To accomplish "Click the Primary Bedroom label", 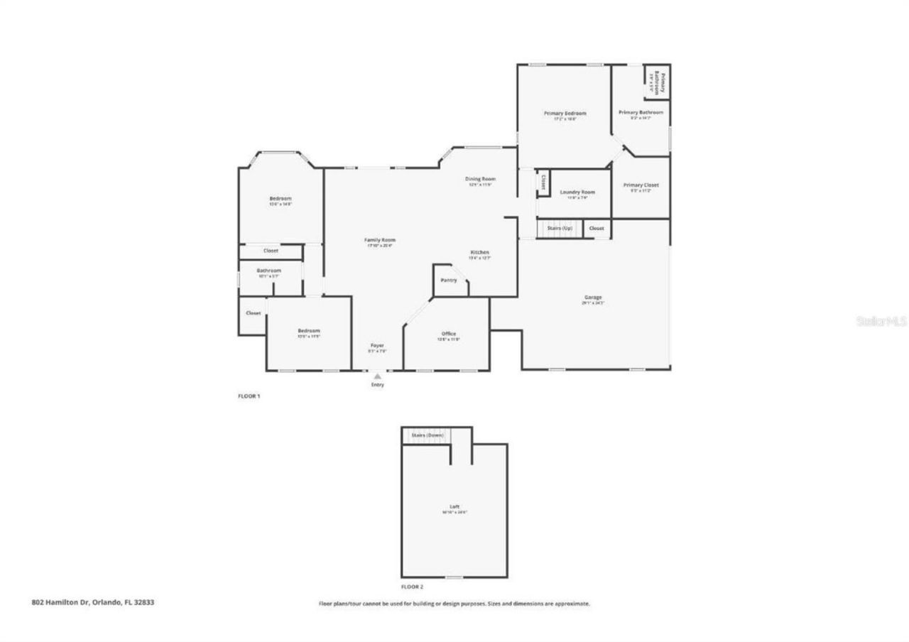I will coord(565,114).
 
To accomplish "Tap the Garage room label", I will coord(593,297).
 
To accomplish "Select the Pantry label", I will coord(449,281).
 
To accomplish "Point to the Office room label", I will coord(449,334).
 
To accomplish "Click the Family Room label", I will coord(381,240).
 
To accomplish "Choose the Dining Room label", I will coord(480,179).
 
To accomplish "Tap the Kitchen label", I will coord(479,253).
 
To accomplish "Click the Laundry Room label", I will coord(577,192).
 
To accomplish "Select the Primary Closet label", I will coord(641,185).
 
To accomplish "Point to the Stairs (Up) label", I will coord(559,228).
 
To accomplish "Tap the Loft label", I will coord(454,506).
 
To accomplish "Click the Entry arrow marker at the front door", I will coord(377,376).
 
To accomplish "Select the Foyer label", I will coord(377,345).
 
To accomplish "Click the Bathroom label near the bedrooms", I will coord(269,271).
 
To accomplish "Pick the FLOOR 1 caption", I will coord(249,396).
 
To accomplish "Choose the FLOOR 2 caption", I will coord(412,587).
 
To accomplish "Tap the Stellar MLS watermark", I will coord(881,321).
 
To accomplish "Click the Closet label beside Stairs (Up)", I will coord(597,228).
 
